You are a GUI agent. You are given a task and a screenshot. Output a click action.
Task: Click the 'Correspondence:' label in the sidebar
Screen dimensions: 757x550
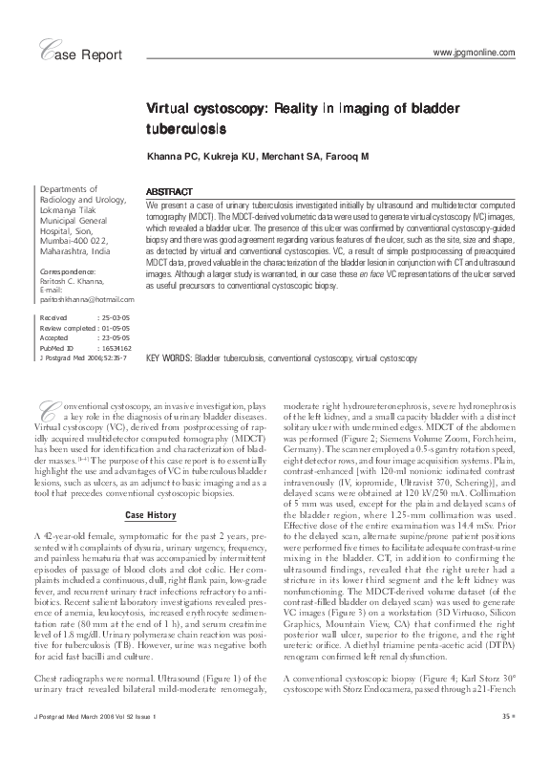[x=70, y=272]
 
